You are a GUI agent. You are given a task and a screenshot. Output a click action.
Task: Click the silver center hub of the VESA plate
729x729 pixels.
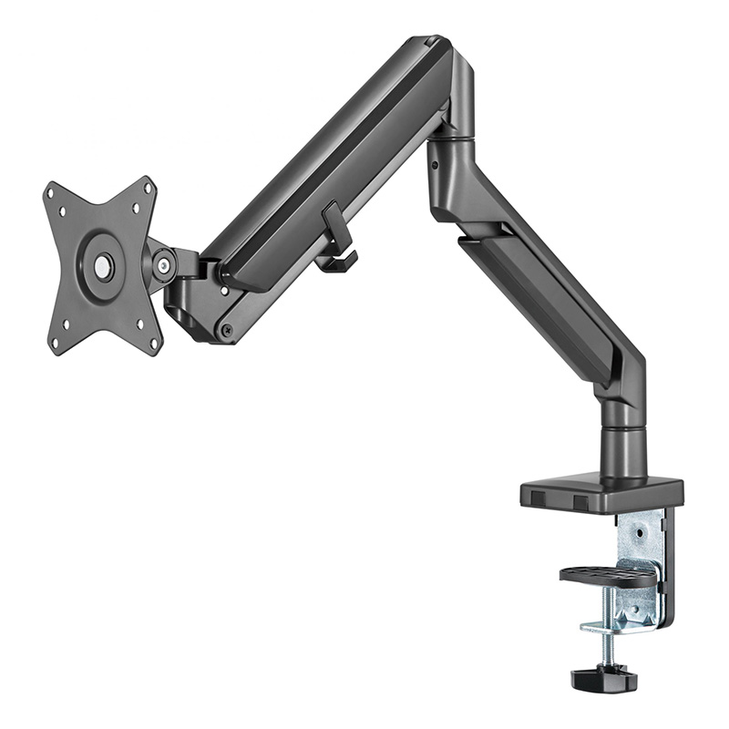[103, 266]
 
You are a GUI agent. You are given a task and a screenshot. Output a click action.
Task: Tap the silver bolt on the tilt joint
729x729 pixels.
[164, 265]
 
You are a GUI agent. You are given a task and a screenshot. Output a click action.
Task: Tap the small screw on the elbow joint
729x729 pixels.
[435, 166]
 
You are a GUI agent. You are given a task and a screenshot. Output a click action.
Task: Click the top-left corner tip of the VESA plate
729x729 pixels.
[48, 188]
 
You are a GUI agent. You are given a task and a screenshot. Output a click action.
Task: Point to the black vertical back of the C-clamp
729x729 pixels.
[671, 565]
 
